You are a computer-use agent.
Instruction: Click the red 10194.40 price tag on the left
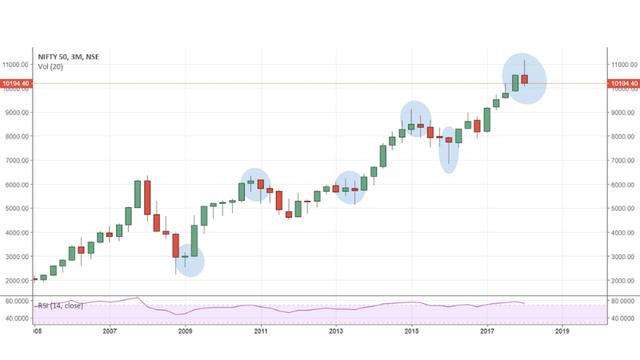click(15, 83)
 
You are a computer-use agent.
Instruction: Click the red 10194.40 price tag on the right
click(624, 83)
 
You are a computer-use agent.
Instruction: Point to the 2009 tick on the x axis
click(185, 330)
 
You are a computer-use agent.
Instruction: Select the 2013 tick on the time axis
click(336, 330)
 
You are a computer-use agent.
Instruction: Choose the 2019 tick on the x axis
click(562, 330)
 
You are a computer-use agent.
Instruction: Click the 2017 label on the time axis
click(486, 330)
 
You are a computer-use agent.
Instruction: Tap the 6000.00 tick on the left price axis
click(17, 185)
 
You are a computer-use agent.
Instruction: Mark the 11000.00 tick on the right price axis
click(625, 64)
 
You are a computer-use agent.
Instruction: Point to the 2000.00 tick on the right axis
click(625, 281)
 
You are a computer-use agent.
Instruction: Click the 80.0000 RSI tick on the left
click(17, 302)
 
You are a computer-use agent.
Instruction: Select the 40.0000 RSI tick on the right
click(625, 318)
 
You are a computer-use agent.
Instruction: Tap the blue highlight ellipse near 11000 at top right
click(524, 78)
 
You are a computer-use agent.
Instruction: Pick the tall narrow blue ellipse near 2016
click(449, 150)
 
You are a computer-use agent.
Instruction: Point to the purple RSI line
click(320, 308)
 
